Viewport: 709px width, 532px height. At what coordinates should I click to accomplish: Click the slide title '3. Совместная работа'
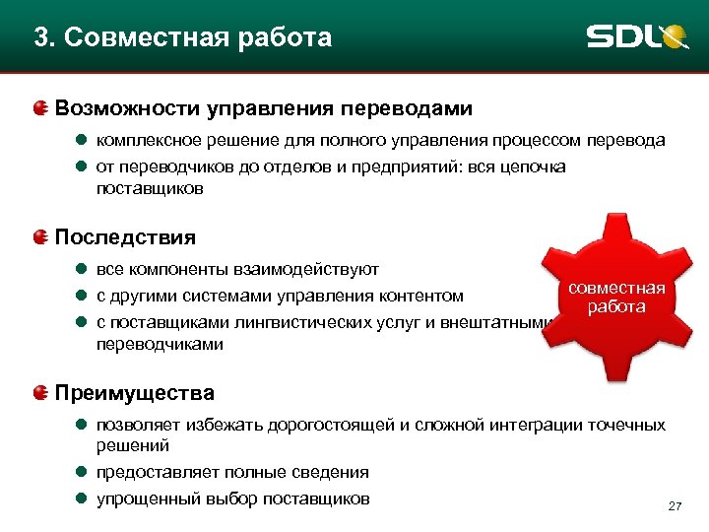[183, 38]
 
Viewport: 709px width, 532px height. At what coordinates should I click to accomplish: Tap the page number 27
[675, 506]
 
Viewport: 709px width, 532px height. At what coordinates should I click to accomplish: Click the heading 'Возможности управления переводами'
[264, 107]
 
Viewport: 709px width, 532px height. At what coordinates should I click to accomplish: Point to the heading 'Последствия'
[125, 237]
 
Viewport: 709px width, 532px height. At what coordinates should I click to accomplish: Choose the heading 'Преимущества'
[135, 393]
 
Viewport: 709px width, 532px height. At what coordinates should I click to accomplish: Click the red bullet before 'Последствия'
[40, 237]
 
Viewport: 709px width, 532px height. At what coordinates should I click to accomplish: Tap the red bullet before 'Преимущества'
[40, 393]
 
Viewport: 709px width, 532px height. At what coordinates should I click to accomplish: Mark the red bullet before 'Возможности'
[40, 107]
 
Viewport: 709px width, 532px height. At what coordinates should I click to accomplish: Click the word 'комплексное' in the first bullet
[147, 141]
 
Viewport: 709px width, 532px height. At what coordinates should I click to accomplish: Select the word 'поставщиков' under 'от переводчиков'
[150, 188]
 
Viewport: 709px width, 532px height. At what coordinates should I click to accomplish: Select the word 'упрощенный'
[143, 499]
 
